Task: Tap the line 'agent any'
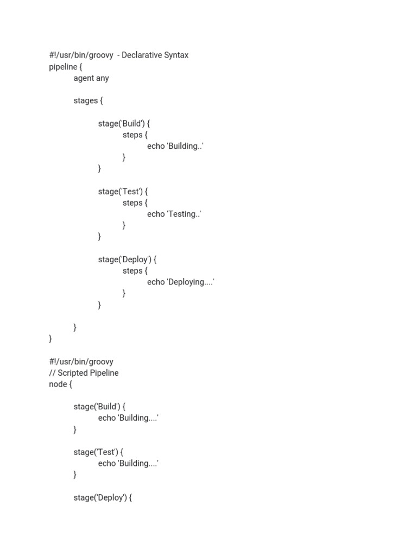pos(91,78)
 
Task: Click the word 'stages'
pos(86,100)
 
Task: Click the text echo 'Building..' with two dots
pos(175,146)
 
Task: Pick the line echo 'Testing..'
pos(174,214)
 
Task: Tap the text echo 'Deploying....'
pos(180,282)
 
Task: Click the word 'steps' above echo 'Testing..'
pos(132,203)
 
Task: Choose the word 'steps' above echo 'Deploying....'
pos(132,270)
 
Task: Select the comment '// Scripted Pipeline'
pos(84,373)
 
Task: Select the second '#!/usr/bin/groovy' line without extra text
pos(81,362)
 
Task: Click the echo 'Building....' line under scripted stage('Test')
pos(128,463)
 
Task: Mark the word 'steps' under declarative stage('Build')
pos(132,135)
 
